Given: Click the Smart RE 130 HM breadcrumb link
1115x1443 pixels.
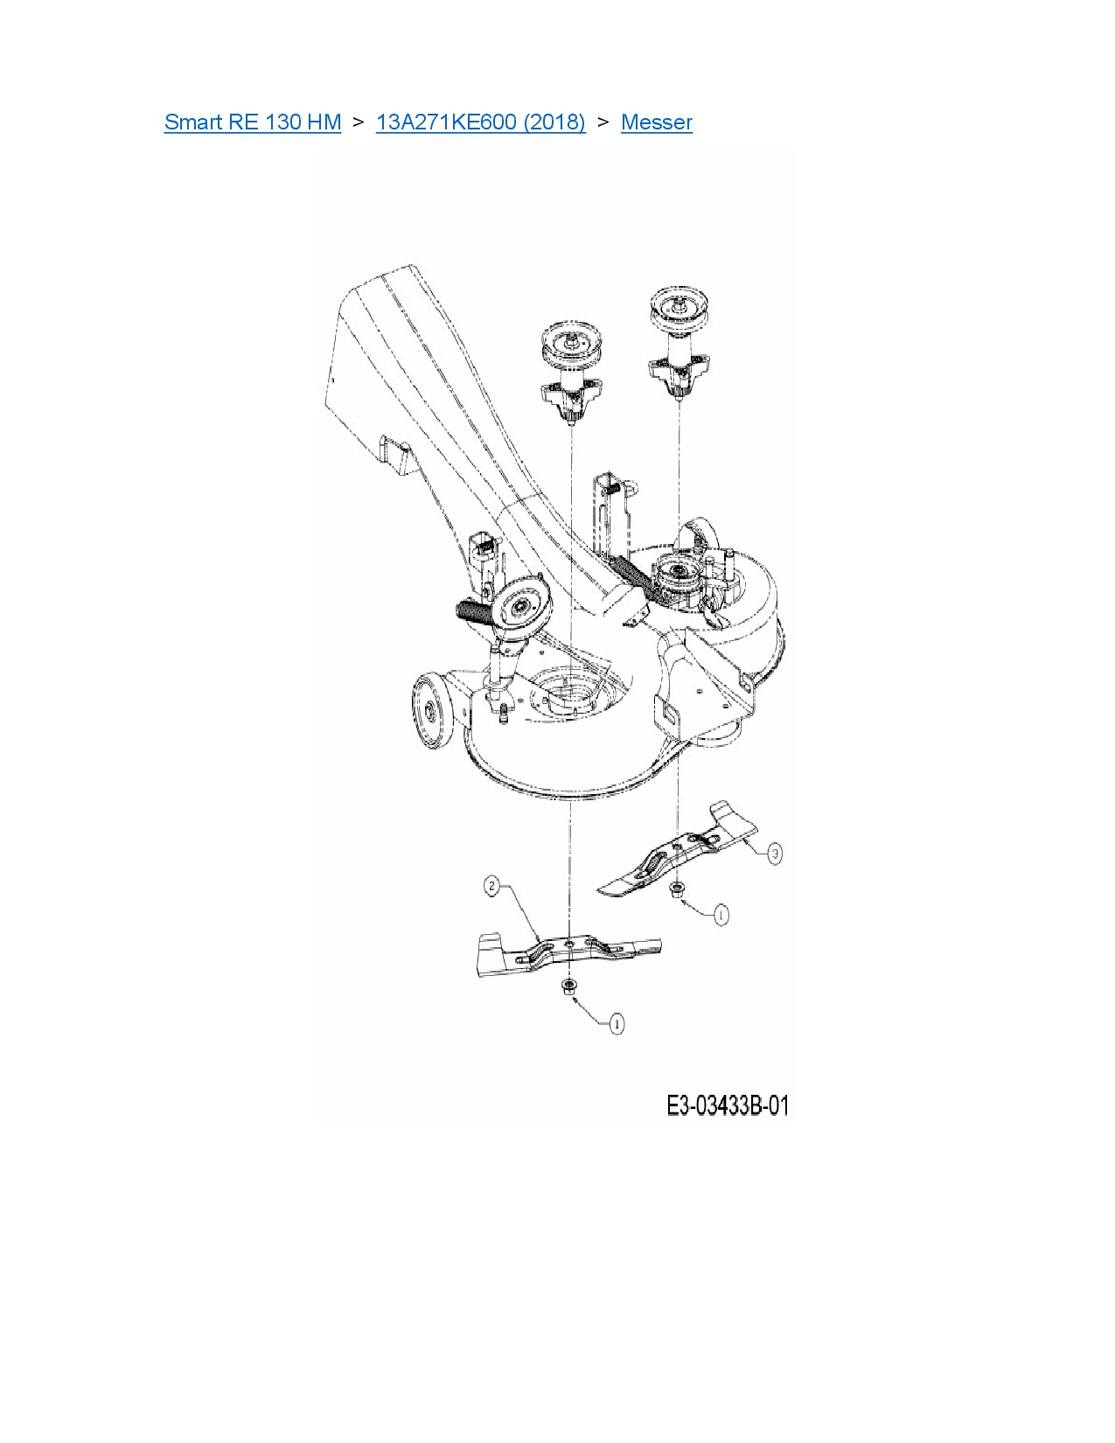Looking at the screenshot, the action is pos(252,122).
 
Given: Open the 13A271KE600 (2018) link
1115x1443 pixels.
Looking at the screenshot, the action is pos(480,122).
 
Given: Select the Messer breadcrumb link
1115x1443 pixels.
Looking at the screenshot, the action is pos(656,122).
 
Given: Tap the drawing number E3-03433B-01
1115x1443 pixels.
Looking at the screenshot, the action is pos(727,1105).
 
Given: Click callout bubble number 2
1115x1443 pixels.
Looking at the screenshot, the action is pos(492,886).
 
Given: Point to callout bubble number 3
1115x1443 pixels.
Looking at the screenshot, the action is pos(775,853).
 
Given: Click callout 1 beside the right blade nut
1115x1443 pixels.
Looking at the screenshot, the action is pos(721,915).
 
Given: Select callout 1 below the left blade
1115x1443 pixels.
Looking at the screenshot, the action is pos(617,1023).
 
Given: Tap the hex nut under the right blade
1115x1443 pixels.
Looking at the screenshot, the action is pos(676,889).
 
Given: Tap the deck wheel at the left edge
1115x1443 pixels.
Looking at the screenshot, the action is pos(430,712).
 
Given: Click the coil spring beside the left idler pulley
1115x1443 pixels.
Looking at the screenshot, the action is pos(473,609).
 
